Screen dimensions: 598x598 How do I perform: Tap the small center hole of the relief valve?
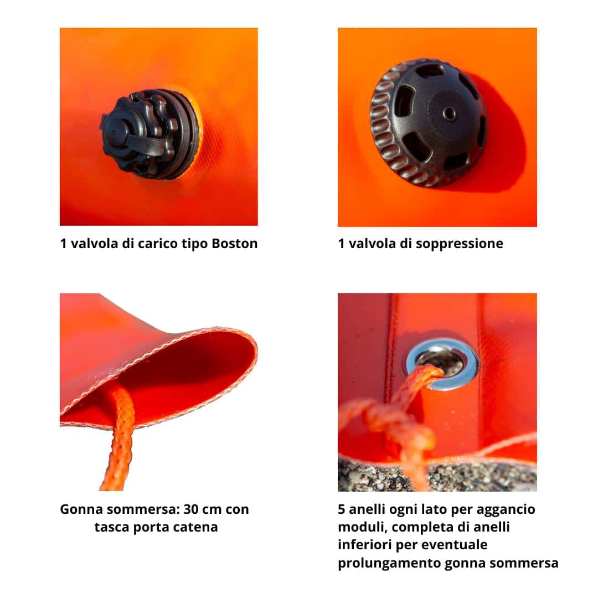449,114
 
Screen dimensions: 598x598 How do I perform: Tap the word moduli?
362,527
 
